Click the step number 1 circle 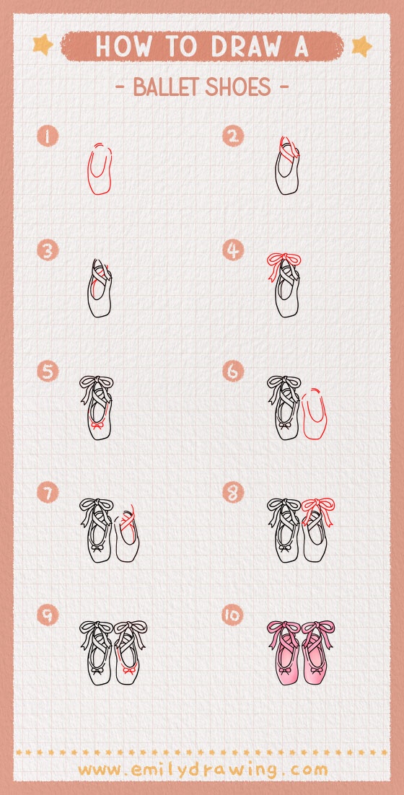tap(48, 136)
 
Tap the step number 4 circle tap(233, 250)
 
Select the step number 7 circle tap(48, 493)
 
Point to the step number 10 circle tap(233, 615)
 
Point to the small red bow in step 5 tap(97, 425)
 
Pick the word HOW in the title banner tap(123, 46)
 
